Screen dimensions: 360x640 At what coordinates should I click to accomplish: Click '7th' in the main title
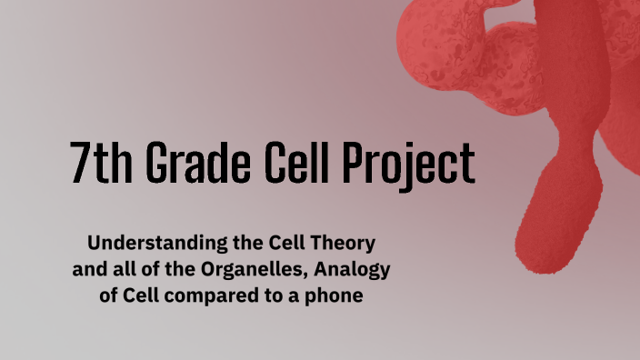pyautogui.click(x=96, y=165)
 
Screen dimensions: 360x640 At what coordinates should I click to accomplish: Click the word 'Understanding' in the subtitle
pyautogui.click(x=146, y=244)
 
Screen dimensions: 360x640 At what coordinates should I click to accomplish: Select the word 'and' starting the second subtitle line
pyautogui.click(x=88, y=270)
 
